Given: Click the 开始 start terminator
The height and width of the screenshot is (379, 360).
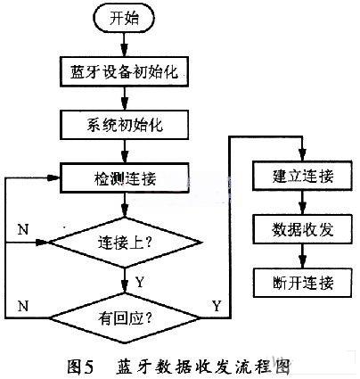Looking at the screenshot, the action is tap(124, 19).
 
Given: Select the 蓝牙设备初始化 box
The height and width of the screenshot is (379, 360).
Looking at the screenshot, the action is tap(124, 72).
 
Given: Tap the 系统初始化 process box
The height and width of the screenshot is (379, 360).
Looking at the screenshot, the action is tap(124, 125).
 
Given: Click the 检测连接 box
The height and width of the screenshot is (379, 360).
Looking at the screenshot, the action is tap(124, 177).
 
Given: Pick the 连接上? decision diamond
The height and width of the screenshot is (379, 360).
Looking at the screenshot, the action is tap(125, 243).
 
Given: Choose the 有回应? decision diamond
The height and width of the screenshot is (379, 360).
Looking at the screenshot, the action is tap(125, 318).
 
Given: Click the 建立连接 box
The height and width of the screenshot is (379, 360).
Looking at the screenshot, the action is tap(303, 176).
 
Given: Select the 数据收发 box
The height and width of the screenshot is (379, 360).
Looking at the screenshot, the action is tap(303, 229).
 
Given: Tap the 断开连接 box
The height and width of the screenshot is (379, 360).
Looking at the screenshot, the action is tap(303, 283).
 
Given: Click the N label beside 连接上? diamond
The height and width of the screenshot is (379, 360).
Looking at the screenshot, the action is tap(23, 229).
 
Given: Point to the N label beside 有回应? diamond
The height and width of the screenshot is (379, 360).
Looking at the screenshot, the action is tap(23, 306).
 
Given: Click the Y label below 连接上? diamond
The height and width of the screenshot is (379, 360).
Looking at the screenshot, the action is tap(140, 282).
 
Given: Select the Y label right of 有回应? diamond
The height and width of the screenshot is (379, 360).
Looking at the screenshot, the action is tap(217, 306).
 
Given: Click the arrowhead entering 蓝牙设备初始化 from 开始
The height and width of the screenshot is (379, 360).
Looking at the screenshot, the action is tap(125, 51).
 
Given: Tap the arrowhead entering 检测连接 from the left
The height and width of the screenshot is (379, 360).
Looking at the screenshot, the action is tap(53, 177).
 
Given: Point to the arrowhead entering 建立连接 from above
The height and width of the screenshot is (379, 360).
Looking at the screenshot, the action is tap(302, 155).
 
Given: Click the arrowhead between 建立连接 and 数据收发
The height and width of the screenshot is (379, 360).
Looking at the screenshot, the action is tap(302, 208).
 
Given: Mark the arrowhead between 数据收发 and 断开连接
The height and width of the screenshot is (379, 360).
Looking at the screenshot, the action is tap(302, 261).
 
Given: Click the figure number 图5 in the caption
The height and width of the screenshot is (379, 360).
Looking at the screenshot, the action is tap(80, 367).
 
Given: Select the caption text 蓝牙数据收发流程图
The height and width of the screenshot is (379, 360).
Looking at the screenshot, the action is tap(202, 367).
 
